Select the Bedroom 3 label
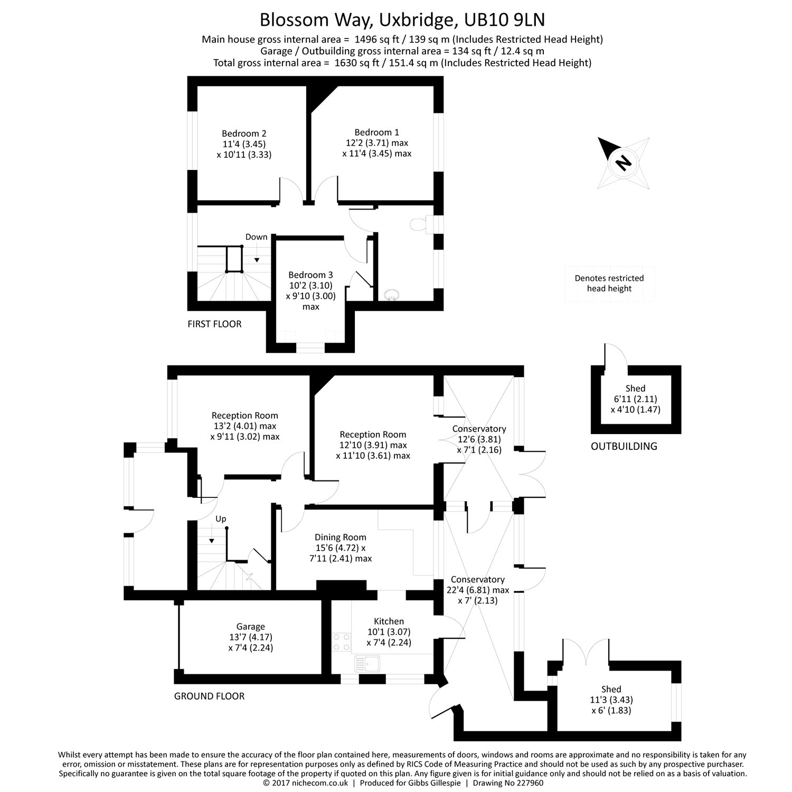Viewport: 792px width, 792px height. [x=310, y=275]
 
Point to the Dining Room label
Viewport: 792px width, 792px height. [x=341, y=538]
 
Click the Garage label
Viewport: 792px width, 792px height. [x=251, y=627]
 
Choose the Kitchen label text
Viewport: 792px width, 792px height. [x=389, y=621]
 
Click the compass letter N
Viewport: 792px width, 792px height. [x=624, y=163]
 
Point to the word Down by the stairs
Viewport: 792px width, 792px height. [x=257, y=237]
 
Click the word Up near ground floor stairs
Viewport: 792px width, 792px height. [x=221, y=519]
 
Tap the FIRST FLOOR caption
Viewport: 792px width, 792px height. [x=215, y=324]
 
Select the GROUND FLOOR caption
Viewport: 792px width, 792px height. [x=210, y=696]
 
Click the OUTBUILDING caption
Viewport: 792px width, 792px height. [x=624, y=447]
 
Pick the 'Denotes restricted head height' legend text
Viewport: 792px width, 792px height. [x=609, y=284]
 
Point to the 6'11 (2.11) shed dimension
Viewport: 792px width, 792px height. [x=636, y=399]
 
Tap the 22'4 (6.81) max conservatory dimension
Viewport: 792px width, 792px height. [x=478, y=590]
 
